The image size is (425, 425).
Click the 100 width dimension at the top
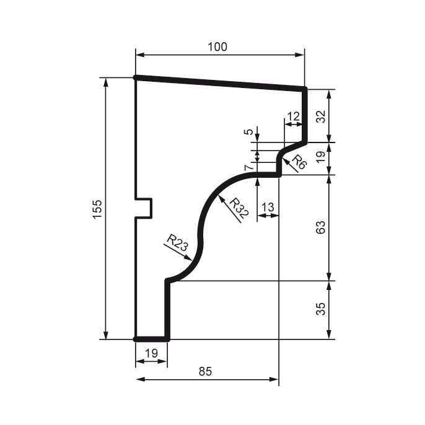click(218, 47)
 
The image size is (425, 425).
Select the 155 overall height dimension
click(97, 209)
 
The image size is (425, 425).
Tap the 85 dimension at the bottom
click(206, 372)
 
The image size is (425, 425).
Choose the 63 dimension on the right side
click(320, 228)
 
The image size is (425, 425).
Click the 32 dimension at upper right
click(320, 116)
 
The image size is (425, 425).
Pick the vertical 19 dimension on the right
click(320, 159)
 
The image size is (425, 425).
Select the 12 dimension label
click(293, 116)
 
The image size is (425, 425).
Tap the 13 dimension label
click(268, 206)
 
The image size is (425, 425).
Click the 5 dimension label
click(248, 131)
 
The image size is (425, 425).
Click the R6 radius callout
click(299, 162)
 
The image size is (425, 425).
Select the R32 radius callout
click(239, 209)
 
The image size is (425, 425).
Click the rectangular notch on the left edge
click(144, 208)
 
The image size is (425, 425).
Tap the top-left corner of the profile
click(136, 77)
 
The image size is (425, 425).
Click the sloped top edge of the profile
click(220, 83)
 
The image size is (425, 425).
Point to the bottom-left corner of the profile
click(136, 340)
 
